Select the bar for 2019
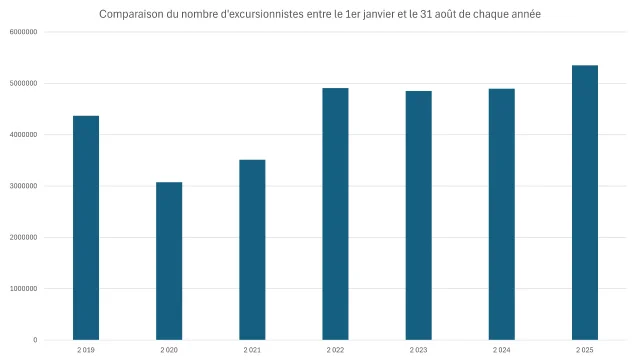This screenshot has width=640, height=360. point(86,228)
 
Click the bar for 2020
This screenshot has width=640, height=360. point(169,261)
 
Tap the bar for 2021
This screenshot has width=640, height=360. point(252,250)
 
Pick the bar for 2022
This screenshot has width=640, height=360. point(335,214)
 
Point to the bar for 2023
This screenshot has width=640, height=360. point(418,216)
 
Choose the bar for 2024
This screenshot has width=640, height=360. point(501,215)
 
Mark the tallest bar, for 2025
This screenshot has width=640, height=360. point(584,203)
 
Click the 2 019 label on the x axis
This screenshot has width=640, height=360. point(86,350)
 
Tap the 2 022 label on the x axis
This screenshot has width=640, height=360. point(335,350)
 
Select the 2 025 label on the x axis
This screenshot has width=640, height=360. point(584,350)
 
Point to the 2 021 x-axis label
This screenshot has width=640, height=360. point(252,350)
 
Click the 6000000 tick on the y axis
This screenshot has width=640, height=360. point(24,32)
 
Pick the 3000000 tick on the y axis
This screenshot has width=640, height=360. point(24,186)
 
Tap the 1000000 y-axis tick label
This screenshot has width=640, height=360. point(24,289)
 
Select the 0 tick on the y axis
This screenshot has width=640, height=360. point(35,340)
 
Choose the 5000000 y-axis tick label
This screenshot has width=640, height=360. point(24,83)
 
